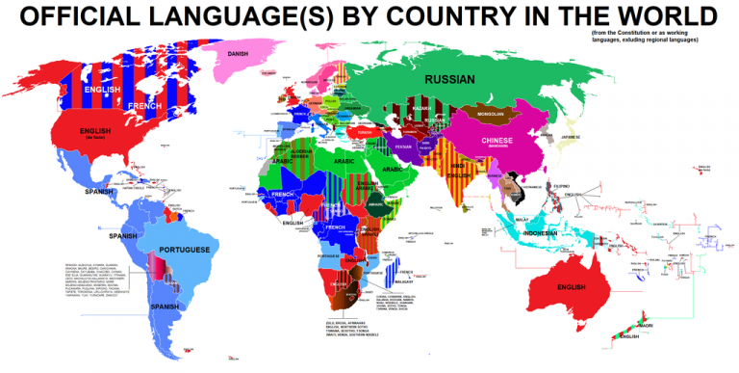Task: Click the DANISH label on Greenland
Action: point(238,54)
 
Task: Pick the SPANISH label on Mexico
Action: point(99,192)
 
